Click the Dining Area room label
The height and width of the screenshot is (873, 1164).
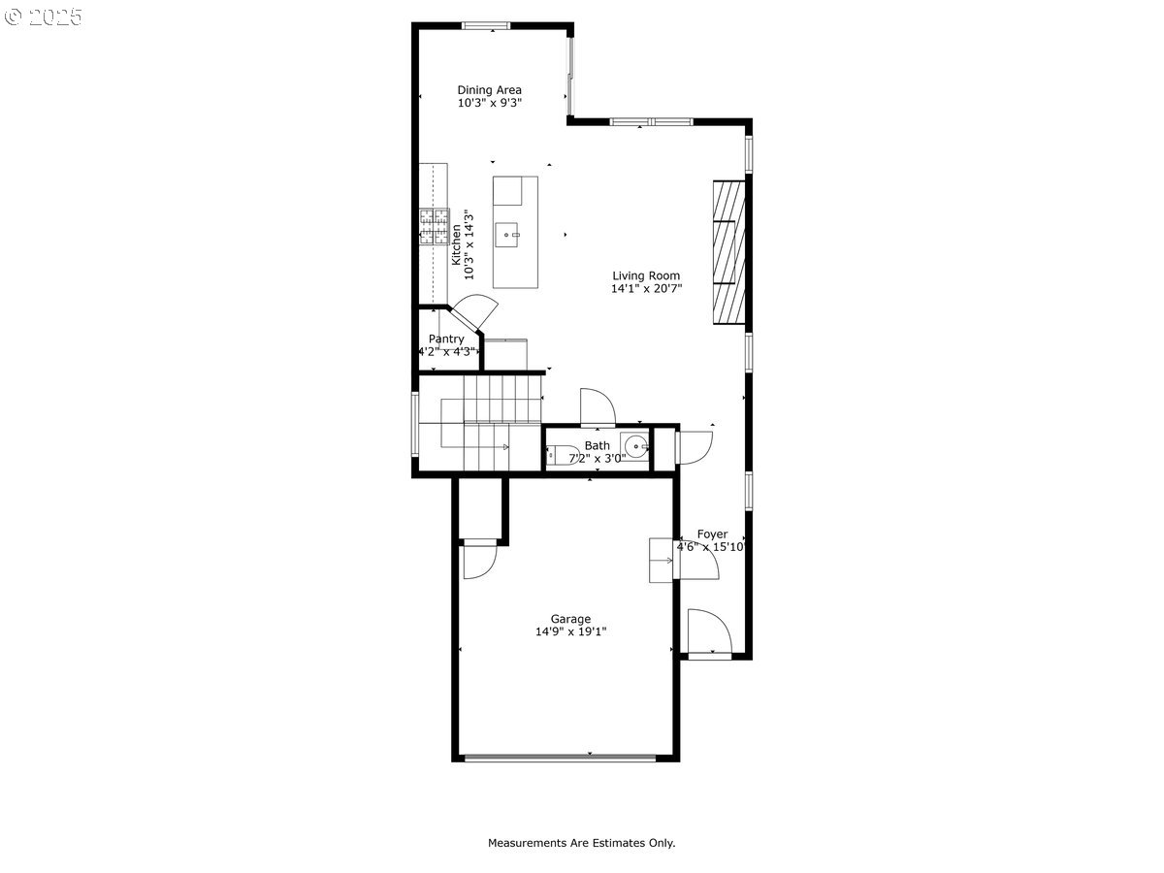[x=489, y=90]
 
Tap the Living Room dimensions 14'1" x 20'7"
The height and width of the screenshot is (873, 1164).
[x=646, y=289]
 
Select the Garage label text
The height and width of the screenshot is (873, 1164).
[x=570, y=619]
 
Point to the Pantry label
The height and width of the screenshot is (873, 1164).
[x=446, y=339]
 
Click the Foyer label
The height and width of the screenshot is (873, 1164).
[x=712, y=534]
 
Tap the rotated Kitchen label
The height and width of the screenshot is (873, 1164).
[x=456, y=244]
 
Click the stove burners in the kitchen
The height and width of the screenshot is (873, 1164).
[x=435, y=227]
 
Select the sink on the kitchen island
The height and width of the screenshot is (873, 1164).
[x=507, y=235]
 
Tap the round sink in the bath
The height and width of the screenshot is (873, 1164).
[x=635, y=446]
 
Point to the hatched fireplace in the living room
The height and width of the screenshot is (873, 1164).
[x=729, y=252]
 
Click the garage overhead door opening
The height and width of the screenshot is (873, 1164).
[x=561, y=759]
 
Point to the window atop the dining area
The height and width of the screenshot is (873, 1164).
[x=486, y=25]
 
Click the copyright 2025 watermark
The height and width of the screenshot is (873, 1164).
[x=44, y=16]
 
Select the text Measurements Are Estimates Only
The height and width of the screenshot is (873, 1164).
[x=582, y=843]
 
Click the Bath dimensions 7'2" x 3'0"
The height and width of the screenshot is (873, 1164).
[x=598, y=459]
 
